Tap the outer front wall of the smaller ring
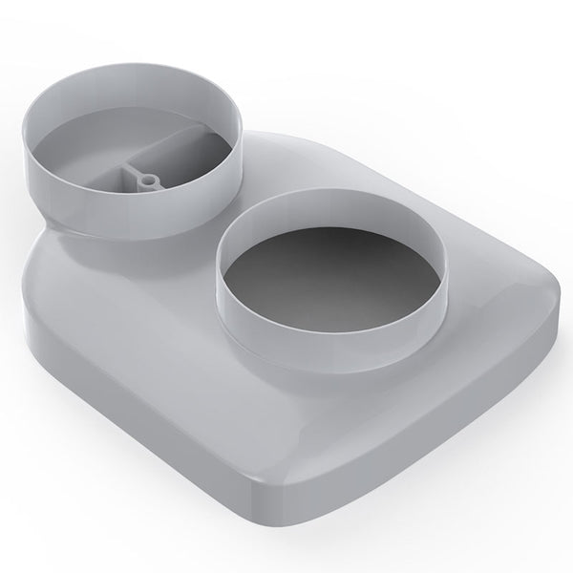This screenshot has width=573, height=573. click(134, 224)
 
